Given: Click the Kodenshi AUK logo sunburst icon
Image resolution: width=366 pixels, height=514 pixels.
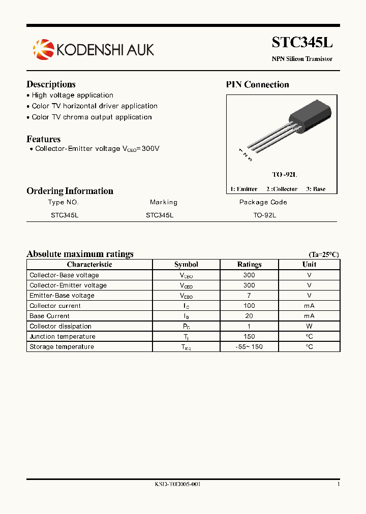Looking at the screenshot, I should (43, 49).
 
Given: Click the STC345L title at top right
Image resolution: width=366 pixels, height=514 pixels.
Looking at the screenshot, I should (302, 42).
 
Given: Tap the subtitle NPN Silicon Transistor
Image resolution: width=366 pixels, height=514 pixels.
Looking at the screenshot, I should (302, 59).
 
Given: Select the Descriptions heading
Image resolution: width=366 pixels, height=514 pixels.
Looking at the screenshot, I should (51, 84).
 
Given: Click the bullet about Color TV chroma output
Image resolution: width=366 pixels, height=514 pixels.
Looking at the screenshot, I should (91, 117).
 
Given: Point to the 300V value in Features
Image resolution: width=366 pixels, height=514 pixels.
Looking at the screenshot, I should (150, 149).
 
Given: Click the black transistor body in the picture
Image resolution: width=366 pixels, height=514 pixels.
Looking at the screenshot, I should (311, 117).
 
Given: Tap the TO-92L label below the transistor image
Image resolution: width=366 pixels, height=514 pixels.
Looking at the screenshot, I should (284, 174).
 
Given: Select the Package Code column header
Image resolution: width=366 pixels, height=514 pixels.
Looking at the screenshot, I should (263, 202).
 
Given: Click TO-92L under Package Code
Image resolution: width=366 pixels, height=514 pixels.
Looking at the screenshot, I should (264, 215).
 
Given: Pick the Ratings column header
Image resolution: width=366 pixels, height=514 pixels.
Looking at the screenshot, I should (249, 265).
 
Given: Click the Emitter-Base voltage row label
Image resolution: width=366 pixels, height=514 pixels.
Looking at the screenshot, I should (62, 296).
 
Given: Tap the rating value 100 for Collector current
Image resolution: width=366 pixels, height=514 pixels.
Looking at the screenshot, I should (249, 306).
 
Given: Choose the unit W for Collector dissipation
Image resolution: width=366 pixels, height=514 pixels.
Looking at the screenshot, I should (309, 326).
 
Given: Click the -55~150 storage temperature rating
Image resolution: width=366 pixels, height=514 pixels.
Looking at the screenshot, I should (249, 347).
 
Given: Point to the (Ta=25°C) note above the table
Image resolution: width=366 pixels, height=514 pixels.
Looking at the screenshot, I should (323, 254).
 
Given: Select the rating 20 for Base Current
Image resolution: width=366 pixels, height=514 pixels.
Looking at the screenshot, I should (249, 316).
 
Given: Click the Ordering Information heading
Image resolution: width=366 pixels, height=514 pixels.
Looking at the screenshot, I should (70, 191).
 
